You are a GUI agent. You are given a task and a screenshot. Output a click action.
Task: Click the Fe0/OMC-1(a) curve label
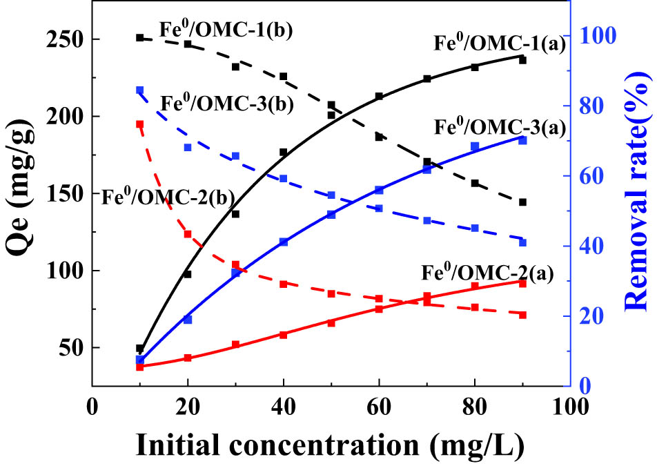pyautogui.click(x=499, y=43)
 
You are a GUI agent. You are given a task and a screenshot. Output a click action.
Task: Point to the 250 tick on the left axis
pyautogui.click(x=68, y=39)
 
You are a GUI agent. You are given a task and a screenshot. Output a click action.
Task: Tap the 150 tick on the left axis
pyautogui.click(x=68, y=194)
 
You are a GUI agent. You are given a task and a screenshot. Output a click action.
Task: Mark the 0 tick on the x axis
pyautogui.click(x=92, y=406)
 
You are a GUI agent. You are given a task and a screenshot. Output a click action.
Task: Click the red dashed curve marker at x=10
pyautogui.click(x=140, y=124)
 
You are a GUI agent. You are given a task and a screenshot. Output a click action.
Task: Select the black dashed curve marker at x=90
pyautogui.click(x=522, y=202)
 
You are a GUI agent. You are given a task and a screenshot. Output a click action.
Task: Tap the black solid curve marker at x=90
pyautogui.click(x=522, y=60)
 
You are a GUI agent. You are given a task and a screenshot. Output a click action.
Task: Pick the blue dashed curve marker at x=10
pyautogui.click(x=140, y=90)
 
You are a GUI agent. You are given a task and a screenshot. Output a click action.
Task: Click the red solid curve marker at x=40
pyautogui.click(x=283, y=334)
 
